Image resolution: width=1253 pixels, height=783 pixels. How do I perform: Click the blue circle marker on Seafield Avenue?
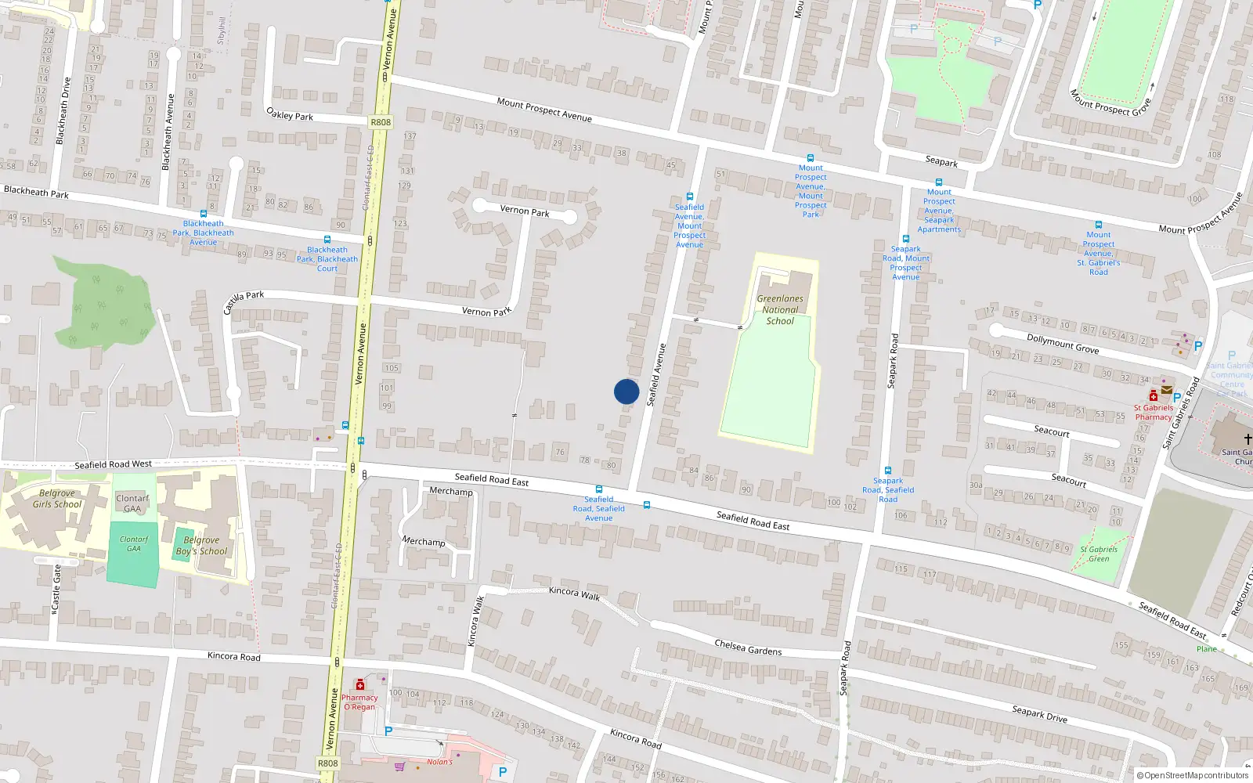point(626,391)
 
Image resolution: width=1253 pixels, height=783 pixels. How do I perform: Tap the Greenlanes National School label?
point(780,310)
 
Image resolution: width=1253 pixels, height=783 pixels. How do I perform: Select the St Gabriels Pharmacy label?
point(1154,413)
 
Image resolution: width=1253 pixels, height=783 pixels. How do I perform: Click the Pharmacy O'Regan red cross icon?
point(360,685)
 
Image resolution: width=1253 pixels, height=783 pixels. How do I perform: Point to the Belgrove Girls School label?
point(57,499)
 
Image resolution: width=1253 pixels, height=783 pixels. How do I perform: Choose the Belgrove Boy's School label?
point(201,546)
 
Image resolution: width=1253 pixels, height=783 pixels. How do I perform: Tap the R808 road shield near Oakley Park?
point(381,122)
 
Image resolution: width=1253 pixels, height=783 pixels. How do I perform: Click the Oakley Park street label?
point(290,114)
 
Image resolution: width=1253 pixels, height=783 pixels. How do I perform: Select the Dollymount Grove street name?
point(1063,344)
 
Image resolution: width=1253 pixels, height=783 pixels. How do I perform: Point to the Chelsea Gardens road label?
point(748,647)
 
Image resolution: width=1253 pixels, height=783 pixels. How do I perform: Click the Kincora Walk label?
point(574,594)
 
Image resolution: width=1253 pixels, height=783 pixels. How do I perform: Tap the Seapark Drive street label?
point(1039,713)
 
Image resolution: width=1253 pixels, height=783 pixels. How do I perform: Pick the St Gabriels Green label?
point(1099,554)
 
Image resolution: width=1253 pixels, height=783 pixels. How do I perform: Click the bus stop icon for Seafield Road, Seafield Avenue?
point(599,489)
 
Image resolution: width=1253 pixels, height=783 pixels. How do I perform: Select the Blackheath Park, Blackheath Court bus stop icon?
point(327,240)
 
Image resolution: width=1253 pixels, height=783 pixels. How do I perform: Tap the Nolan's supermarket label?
point(439,762)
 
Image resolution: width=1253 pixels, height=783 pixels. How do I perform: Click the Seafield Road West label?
point(114,464)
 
